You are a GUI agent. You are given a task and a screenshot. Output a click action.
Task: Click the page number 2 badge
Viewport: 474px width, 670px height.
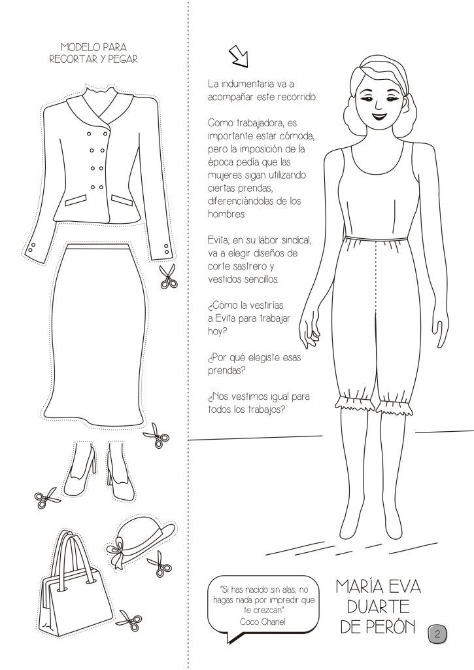tap(437, 633)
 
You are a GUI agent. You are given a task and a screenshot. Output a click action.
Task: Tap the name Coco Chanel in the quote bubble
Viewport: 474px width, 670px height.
tap(263, 622)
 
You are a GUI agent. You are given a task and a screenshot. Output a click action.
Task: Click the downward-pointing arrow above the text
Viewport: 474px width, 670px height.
tap(239, 56)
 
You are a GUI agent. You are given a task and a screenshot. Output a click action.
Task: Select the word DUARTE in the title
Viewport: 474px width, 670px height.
tap(379, 607)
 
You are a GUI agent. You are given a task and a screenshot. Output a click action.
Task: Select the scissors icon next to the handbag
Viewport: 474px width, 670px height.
tap(130, 619)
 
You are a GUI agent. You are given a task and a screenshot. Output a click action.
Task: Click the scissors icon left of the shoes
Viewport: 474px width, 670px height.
tap(46, 498)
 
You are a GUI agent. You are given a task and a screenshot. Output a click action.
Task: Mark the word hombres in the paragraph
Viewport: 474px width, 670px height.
tap(226, 214)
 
